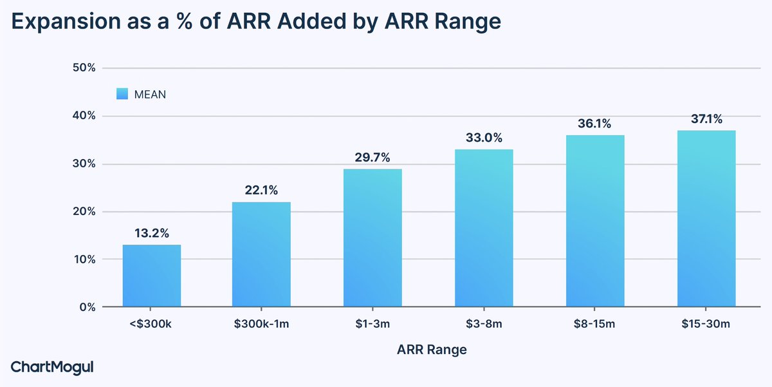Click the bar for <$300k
152,276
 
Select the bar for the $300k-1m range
262,254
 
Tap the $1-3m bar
372,238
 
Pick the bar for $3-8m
484,228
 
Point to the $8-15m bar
595,221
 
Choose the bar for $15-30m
706,218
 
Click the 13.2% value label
152,234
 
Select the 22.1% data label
262,191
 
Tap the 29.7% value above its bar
372,158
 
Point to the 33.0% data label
484,138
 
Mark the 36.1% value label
595,124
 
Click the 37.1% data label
706,119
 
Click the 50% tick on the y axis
82,68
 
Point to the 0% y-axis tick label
87,307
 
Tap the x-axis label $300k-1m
262,323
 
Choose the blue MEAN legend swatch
122,94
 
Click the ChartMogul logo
53,367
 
